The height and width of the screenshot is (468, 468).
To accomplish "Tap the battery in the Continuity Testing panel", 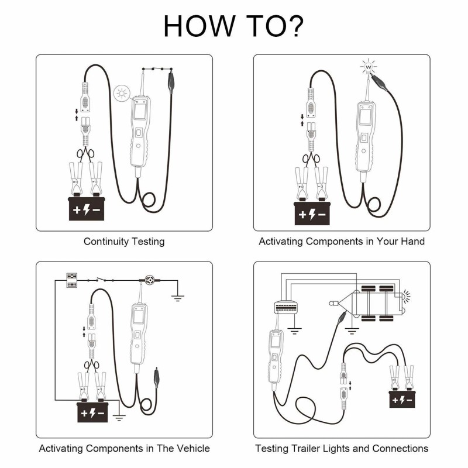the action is pos(87,208).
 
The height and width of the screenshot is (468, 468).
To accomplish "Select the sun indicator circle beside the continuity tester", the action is pos(122,94).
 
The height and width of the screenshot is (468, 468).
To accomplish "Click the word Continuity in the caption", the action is pos(106,242).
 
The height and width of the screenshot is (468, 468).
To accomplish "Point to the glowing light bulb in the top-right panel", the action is pos(369,67).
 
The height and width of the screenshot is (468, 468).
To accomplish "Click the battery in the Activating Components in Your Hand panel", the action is pos(312,213).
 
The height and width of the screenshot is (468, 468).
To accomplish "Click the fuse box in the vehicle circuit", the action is pos(71,280).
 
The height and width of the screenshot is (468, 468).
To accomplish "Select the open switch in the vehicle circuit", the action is pos(101,280).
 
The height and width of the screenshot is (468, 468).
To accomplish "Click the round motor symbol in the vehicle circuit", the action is pos(150,280).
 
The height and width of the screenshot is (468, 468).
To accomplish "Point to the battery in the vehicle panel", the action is pos(92,412).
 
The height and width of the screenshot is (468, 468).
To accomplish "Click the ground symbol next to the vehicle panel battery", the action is pos(119,418).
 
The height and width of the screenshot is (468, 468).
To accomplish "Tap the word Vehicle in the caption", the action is pos(194,448).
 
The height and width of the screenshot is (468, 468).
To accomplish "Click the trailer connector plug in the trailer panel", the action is pos(286,307).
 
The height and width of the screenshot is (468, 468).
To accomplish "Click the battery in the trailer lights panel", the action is pos(402,399).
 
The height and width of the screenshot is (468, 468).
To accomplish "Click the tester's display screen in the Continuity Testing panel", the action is pos(139,111).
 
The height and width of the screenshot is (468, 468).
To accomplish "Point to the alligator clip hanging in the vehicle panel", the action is pos(156,377).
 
